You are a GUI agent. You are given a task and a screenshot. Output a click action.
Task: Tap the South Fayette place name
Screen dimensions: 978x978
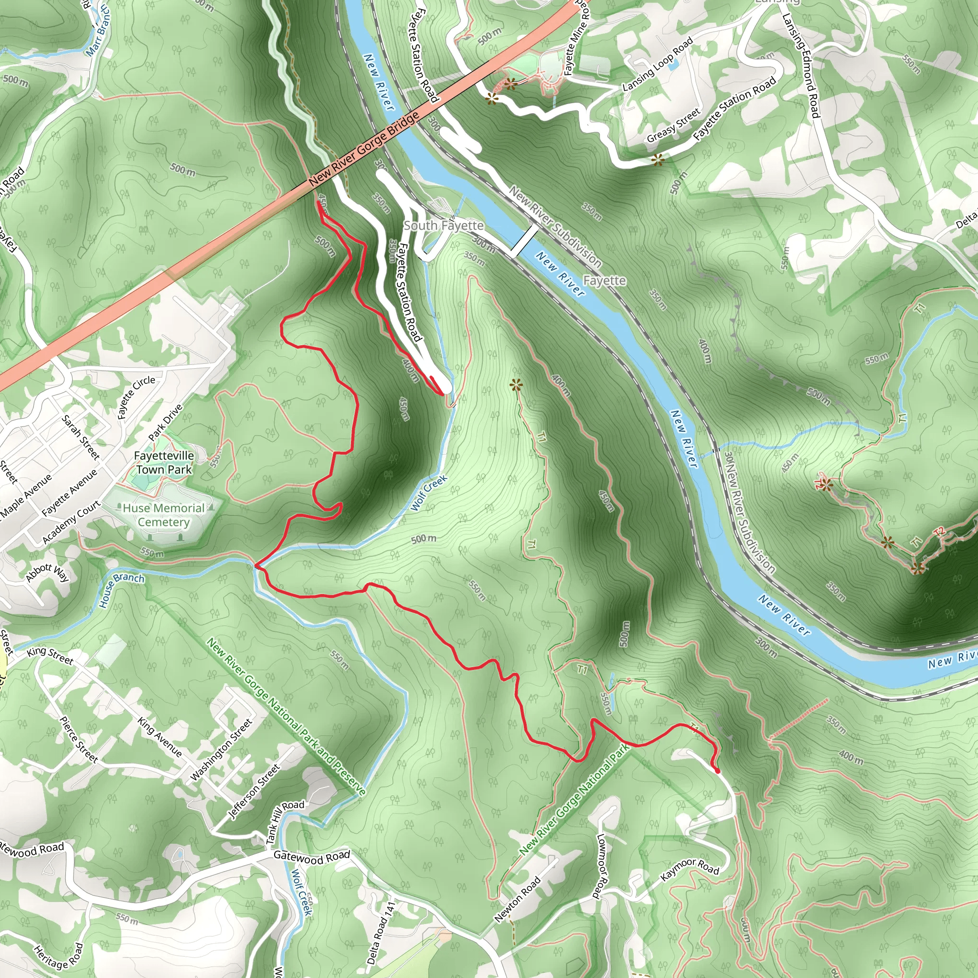pyautogui.click(x=444, y=226)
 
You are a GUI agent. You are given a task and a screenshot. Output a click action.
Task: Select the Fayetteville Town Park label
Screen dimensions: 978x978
pyautogui.click(x=163, y=463)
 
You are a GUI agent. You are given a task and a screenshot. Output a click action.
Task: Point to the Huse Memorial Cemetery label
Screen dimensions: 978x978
pyautogui.click(x=163, y=515)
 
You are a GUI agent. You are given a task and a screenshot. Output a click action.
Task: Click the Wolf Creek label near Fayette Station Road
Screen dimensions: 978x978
pyautogui.click(x=429, y=493)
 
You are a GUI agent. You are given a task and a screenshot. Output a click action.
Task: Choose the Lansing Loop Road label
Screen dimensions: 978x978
pyautogui.click(x=657, y=65)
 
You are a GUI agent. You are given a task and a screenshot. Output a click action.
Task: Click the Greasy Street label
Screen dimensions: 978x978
pyautogui.click(x=673, y=126)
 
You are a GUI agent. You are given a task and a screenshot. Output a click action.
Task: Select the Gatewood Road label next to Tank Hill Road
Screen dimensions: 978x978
pyautogui.click(x=311, y=857)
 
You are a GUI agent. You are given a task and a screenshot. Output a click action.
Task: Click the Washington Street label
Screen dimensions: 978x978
pyautogui.click(x=221, y=750)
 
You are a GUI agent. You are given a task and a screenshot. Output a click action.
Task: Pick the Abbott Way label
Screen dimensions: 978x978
pyautogui.click(x=47, y=573)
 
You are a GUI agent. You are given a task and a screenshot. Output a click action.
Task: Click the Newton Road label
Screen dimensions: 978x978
pyautogui.click(x=517, y=899)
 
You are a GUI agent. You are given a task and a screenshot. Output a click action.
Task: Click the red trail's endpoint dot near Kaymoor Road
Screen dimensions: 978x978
pyautogui.click(x=717, y=771)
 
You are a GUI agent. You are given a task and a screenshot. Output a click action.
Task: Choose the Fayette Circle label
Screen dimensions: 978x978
pyautogui.click(x=136, y=397)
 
